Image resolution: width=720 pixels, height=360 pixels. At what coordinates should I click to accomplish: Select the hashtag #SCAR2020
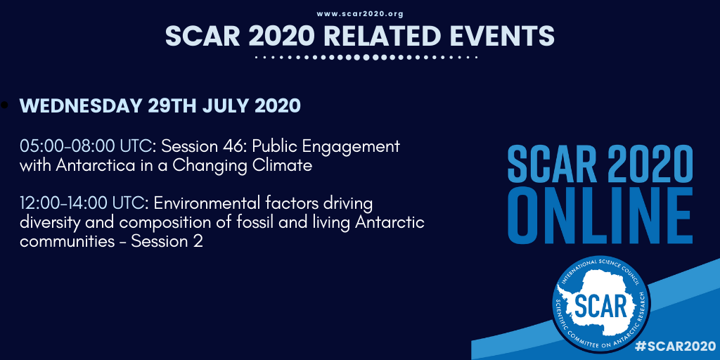(x=672, y=346)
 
